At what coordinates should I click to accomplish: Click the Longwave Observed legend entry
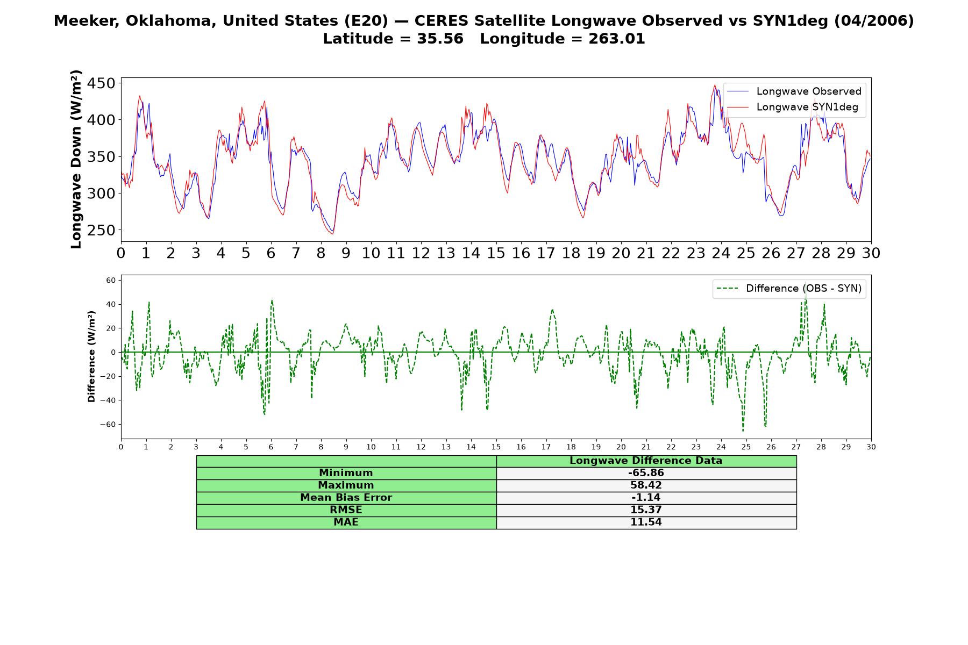(x=794, y=91)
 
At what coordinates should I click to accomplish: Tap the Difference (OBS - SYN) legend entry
(x=789, y=289)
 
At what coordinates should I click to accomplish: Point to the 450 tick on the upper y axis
(x=101, y=83)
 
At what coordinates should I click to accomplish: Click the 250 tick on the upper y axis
(x=101, y=230)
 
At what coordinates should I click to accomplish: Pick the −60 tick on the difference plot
(x=108, y=424)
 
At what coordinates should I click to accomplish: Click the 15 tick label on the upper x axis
(x=496, y=253)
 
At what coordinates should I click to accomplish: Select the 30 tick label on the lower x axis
(x=871, y=447)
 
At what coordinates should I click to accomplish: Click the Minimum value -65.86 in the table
(x=646, y=473)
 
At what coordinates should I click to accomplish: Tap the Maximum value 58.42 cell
(x=646, y=485)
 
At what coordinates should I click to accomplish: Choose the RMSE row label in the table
(x=346, y=510)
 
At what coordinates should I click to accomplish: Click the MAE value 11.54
(x=646, y=522)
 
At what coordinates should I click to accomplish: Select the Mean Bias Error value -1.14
(x=646, y=498)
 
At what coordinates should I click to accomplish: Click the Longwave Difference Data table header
(x=646, y=461)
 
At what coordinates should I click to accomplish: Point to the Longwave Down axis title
(x=76, y=159)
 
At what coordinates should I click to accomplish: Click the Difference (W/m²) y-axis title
(x=91, y=356)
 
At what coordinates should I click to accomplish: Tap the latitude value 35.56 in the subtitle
(x=440, y=39)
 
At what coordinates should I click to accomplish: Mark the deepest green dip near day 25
(x=743, y=431)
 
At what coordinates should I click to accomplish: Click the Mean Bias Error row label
(x=346, y=498)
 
